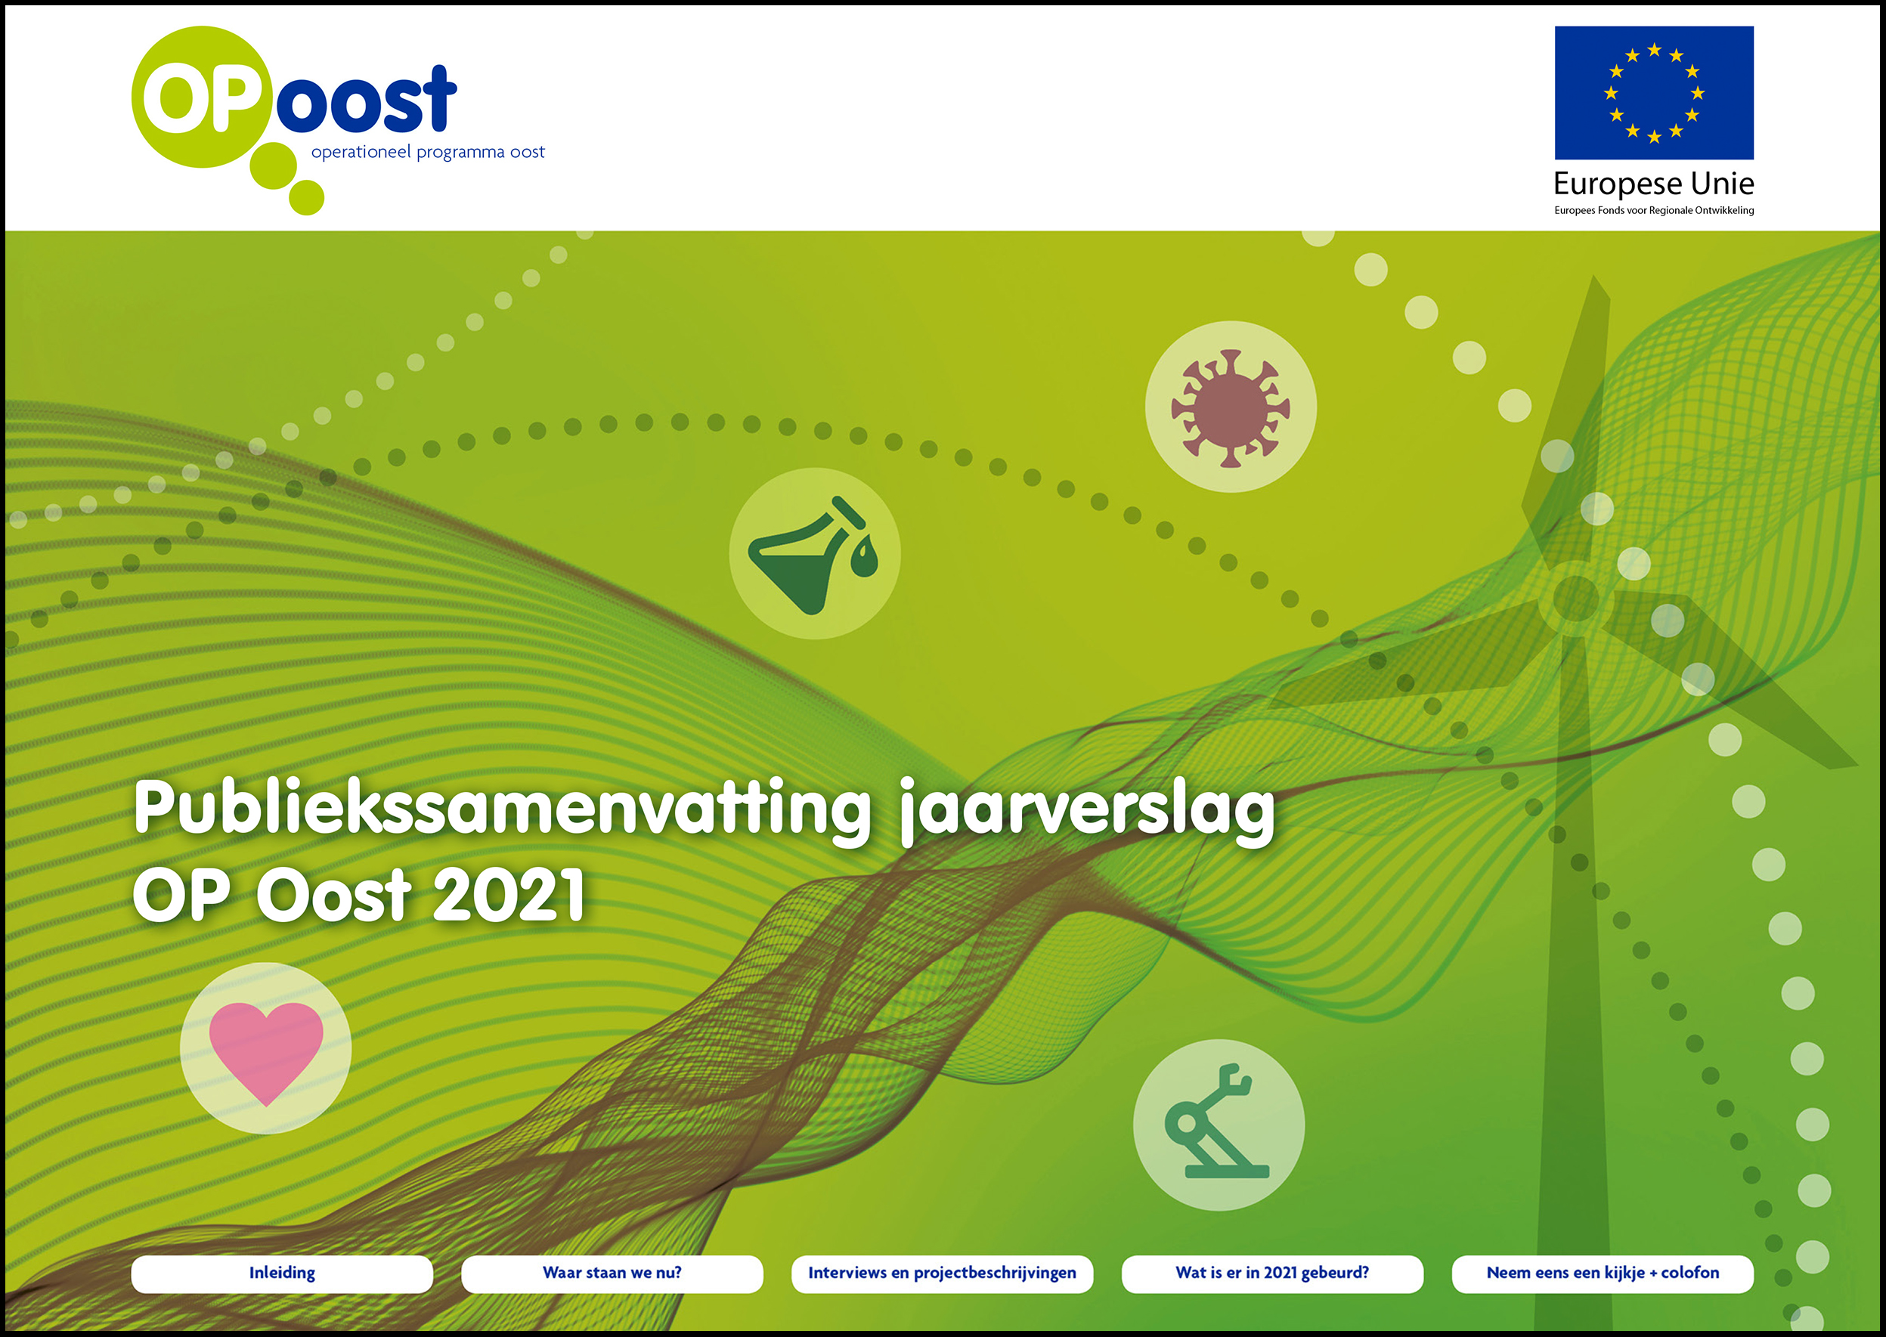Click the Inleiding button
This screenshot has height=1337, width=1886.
tap(281, 1273)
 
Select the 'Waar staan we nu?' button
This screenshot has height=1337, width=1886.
tap(612, 1273)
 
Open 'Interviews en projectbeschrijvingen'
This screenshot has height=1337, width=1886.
tap(942, 1273)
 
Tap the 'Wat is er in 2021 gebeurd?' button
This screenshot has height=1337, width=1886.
tap(1272, 1273)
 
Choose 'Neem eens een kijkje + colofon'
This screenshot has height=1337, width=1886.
tap(1602, 1273)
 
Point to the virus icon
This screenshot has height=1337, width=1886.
tap(1231, 407)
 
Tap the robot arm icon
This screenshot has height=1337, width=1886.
tap(1218, 1122)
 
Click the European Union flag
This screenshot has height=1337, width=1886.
tap(1654, 92)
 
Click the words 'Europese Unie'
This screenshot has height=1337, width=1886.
tap(1654, 183)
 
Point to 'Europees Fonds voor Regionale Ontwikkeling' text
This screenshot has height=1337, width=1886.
tap(1654, 210)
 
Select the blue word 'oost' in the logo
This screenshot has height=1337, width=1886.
tap(366, 101)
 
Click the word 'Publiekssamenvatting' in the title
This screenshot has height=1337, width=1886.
tap(501, 810)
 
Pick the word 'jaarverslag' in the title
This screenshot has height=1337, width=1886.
tap(1087, 810)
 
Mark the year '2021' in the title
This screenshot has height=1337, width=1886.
tap(509, 894)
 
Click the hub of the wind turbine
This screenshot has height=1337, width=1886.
tap(1575, 598)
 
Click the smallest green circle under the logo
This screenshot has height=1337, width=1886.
tap(306, 197)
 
